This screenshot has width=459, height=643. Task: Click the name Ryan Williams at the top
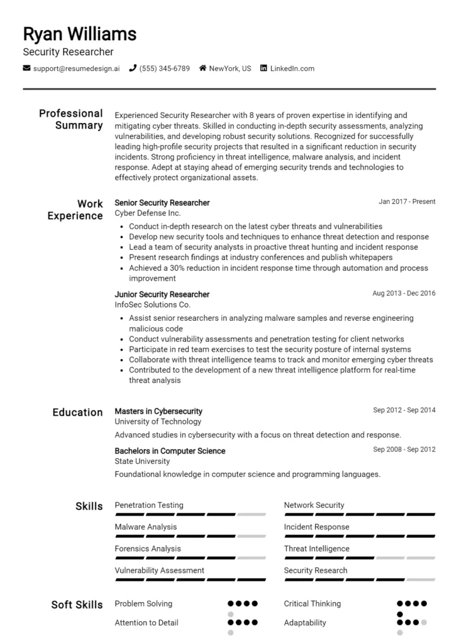pyautogui.click(x=79, y=33)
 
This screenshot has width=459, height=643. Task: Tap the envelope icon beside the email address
pyautogui.click(x=26, y=68)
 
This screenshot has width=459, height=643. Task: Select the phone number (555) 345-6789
pyautogui.click(x=164, y=68)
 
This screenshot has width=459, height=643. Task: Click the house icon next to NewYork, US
pyautogui.click(x=202, y=68)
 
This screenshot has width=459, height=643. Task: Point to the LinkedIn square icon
pyautogui.click(x=263, y=68)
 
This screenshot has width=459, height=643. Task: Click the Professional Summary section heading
pyautogui.click(x=71, y=119)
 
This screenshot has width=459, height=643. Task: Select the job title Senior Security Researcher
pyautogui.click(x=162, y=203)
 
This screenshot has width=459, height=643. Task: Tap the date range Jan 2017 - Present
pyautogui.click(x=407, y=202)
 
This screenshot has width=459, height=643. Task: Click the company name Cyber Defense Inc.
pyautogui.click(x=147, y=213)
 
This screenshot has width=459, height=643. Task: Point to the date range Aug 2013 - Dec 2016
pyautogui.click(x=404, y=293)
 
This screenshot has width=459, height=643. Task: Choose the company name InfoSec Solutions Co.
pyautogui.click(x=152, y=305)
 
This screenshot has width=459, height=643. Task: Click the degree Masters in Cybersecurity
pyautogui.click(x=158, y=411)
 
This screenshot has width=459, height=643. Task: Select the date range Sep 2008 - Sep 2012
pyautogui.click(x=404, y=450)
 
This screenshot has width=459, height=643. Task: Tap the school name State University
pyautogui.click(x=142, y=462)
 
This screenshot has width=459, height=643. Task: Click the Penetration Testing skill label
pyautogui.click(x=149, y=505)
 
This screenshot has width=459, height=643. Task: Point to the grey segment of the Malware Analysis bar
pyautogui.click(x=252, y=536)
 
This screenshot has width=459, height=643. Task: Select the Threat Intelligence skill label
pyautogui.click(x=316, y=549)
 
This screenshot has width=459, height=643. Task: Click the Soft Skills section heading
pyautogui.click(x=77, y=605)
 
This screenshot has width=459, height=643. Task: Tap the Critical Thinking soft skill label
pyautogui.click(x=312, y=604)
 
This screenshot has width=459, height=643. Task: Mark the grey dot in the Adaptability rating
pyautogui.click(x=424, y=623)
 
